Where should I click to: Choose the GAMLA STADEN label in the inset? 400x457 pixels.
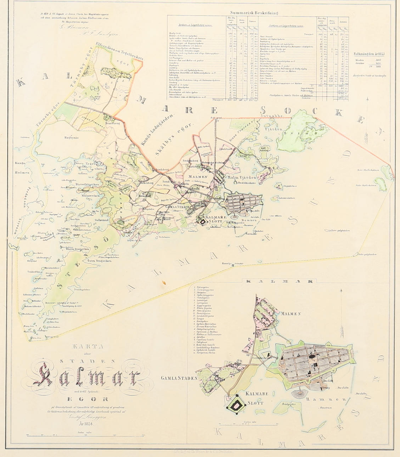click(x=179, y=378)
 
